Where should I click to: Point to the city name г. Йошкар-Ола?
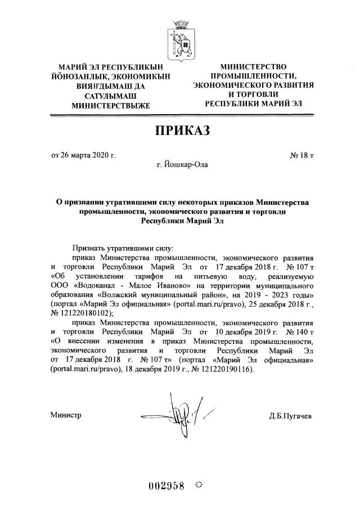tap(181, 165)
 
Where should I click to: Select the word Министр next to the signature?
tap(66, 415)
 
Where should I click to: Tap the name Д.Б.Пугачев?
tap(290, 416)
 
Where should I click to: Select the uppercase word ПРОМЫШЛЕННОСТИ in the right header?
tap(253, 76)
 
